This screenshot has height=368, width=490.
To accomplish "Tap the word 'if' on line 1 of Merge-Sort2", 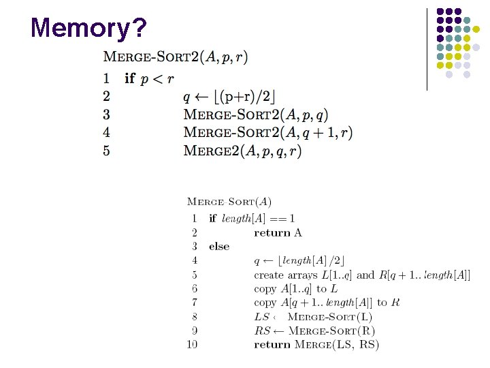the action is [x=129, y=78].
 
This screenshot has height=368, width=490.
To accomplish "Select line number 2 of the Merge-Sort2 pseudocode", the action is [x=106, y=96].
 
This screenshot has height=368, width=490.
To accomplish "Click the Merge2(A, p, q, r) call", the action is [x=242, y=151].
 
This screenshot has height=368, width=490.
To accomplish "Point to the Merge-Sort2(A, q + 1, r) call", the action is [x=267, y=132].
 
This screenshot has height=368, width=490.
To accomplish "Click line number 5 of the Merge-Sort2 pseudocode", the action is [x=106, y=151].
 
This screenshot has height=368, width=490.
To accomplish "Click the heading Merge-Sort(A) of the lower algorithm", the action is [x=229, y=202].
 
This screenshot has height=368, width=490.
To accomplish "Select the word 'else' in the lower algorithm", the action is [x=219, y=247].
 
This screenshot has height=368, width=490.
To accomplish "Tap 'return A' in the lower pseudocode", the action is [x=278, y=233].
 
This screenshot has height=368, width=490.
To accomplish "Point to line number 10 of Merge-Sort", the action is [x=192, y=345].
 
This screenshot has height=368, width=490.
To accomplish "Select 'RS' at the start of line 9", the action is [x=261, y=331].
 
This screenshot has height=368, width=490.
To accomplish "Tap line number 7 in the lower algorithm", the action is [x=194, y=303].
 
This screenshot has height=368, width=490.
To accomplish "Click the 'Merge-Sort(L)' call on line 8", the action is [x=330, y=317].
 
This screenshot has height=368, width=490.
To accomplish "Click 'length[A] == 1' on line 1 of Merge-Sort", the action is [x=261, y=219].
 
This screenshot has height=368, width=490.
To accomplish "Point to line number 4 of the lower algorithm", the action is [x=194, y=260].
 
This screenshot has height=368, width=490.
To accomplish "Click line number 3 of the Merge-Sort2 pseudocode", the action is [x=106, y=114].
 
